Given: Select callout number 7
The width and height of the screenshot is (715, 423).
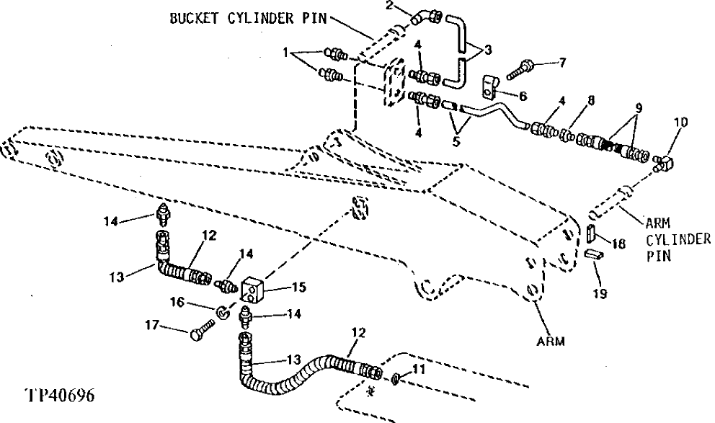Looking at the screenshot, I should click(563, 62).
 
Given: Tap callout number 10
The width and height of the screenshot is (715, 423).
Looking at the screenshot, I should click(680, 123).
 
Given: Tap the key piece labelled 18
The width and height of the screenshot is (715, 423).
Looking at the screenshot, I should click(590, 233).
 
